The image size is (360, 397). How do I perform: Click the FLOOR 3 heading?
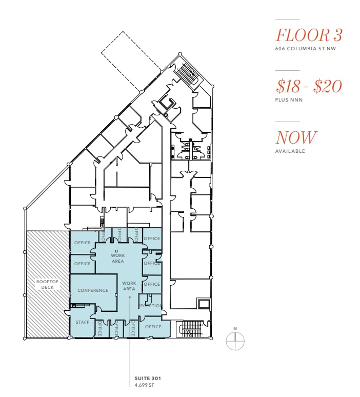[309, 35]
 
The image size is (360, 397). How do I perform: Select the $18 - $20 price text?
[308, 86]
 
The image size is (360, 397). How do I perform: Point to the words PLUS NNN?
[289, 100]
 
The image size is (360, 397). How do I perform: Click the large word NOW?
[296, 137]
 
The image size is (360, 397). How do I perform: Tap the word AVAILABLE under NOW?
[290, 151]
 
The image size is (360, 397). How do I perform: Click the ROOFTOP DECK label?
[47, 284]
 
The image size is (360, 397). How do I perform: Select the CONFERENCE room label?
[93, 290]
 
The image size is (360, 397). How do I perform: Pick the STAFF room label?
[82, 322]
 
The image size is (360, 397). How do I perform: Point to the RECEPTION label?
[150, 306]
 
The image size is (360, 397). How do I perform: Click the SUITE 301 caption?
[145, 379]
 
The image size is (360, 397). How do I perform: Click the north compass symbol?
[235, 341]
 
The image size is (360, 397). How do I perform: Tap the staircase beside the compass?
[191, 328]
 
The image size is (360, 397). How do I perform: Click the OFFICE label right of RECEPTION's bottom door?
[153, 327]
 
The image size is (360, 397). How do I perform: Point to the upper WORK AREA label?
[117, 258]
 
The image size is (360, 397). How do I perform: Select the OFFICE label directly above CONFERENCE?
[82, 264]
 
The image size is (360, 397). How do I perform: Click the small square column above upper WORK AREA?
[116, 250]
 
